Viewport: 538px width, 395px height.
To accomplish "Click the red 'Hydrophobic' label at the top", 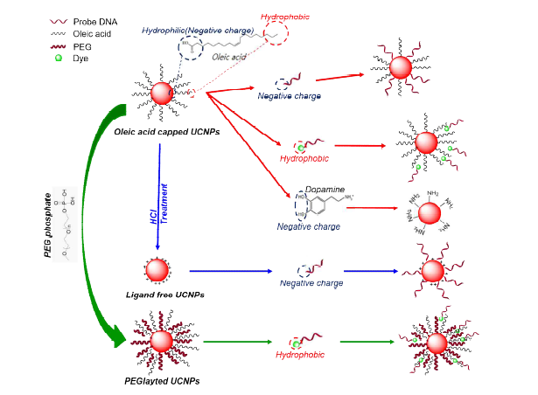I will click(x=284, y=17).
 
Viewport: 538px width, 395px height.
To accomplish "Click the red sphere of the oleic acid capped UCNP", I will click(x=162, y=92).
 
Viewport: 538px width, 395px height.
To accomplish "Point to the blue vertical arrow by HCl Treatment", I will click(x=159, y=192).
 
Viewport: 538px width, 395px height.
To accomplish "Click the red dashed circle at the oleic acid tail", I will click(x=278, y=34).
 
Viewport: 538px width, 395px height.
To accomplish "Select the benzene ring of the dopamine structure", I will click(x=315, y=209).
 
